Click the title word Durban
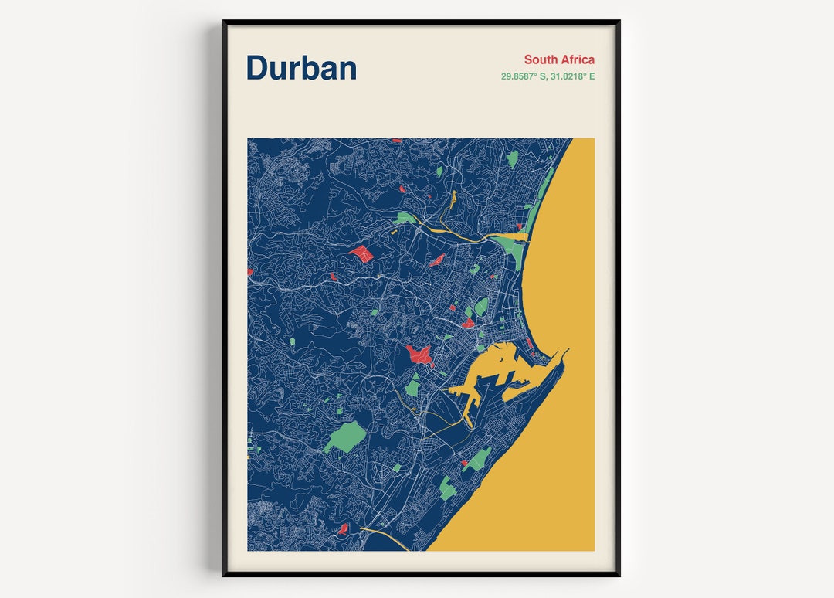(x=301, y=68)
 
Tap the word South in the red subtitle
(x=541, y=59)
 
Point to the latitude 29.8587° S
(x=524, y=76)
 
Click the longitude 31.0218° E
(x=572, y=76)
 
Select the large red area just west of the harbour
(x=419, y=355)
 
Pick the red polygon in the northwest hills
(x=361, y=253)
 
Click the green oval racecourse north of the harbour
(x=481, y=307)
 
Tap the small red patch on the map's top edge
(x=396, y=141)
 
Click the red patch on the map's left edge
(x=249, y=271)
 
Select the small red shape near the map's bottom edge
(x=343, y=529)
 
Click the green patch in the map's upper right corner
(x=511, y=158)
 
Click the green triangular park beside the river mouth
(x=510, y=246)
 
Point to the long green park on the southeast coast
(x=480, y=459)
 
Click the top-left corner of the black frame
(x=225, y=22)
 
